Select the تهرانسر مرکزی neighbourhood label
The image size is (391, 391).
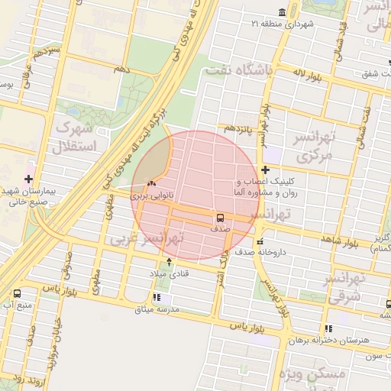click(x=314, y=147)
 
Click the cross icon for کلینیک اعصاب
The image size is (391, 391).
click(x=265, y=170)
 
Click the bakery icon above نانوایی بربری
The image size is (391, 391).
click(x=150, y=183)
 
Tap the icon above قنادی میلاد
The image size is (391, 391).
click(x=169, y=261)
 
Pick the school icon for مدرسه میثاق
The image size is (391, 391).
click(x=157, y=297)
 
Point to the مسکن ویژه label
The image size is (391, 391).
click(x=313, y=374)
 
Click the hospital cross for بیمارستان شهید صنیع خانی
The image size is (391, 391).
click(x=28, y=179)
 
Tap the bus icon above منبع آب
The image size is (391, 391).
click(x=17, y=293)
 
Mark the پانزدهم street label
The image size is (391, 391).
click(x=239, y=129)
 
